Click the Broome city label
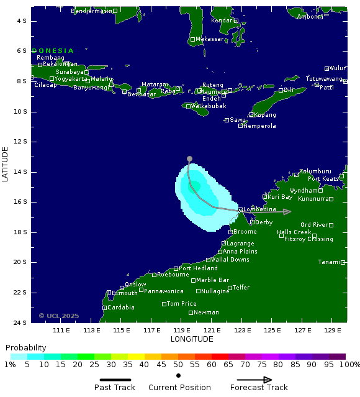[245, 232]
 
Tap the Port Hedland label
[198, 268]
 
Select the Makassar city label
[209, 39]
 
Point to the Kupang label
[265, 115]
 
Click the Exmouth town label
[125, 293]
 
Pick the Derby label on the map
[263, 222]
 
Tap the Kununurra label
[313, 199]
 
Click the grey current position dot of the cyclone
[189, 158]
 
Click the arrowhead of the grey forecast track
[287, 212]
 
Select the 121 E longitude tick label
[212, 330]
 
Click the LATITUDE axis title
[6, 164]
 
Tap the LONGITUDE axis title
[192, 339]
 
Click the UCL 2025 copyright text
[59, 316]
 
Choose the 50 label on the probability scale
[178, 365]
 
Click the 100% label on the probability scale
[351, 365]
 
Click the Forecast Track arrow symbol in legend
[259, 380]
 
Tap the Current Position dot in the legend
[179, 375]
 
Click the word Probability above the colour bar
[25, 347]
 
